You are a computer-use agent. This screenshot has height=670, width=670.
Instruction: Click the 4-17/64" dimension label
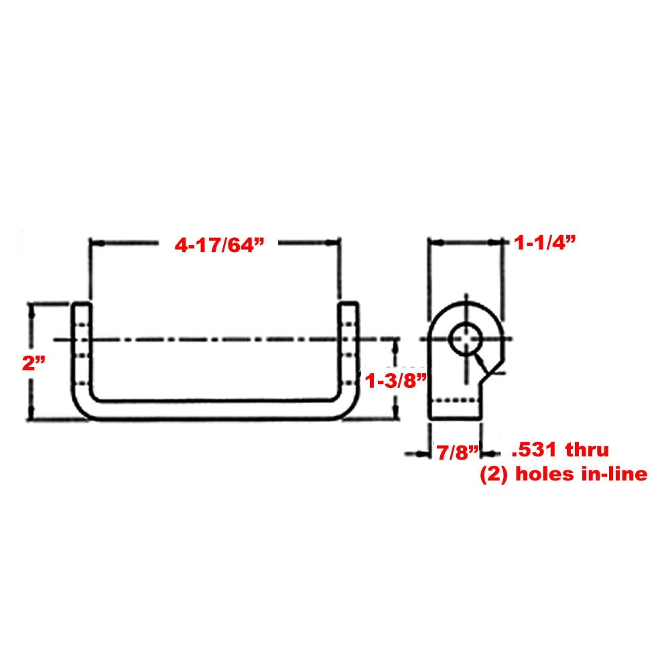[x=217, y=246]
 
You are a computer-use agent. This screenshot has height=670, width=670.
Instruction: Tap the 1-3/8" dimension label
[x=396, y=382]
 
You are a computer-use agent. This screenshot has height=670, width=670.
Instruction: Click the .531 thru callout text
[x=559, y=448]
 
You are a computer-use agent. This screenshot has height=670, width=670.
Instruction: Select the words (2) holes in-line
[x=563, y=474]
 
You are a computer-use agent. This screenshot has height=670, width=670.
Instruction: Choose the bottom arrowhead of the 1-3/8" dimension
[x=395, y=415]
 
